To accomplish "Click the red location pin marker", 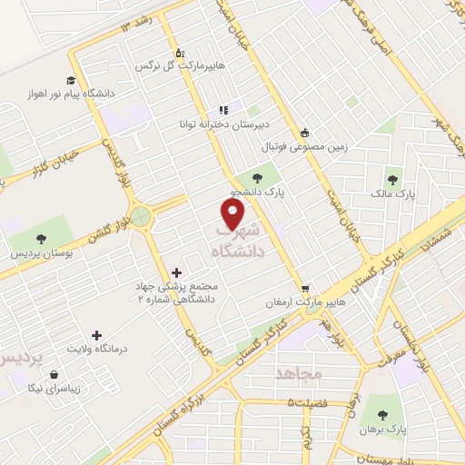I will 233,213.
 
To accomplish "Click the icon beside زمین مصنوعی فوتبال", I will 303,133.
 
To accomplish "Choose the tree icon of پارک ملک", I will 392,179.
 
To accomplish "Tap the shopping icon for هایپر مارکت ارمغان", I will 306,287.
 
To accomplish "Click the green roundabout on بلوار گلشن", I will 140,217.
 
